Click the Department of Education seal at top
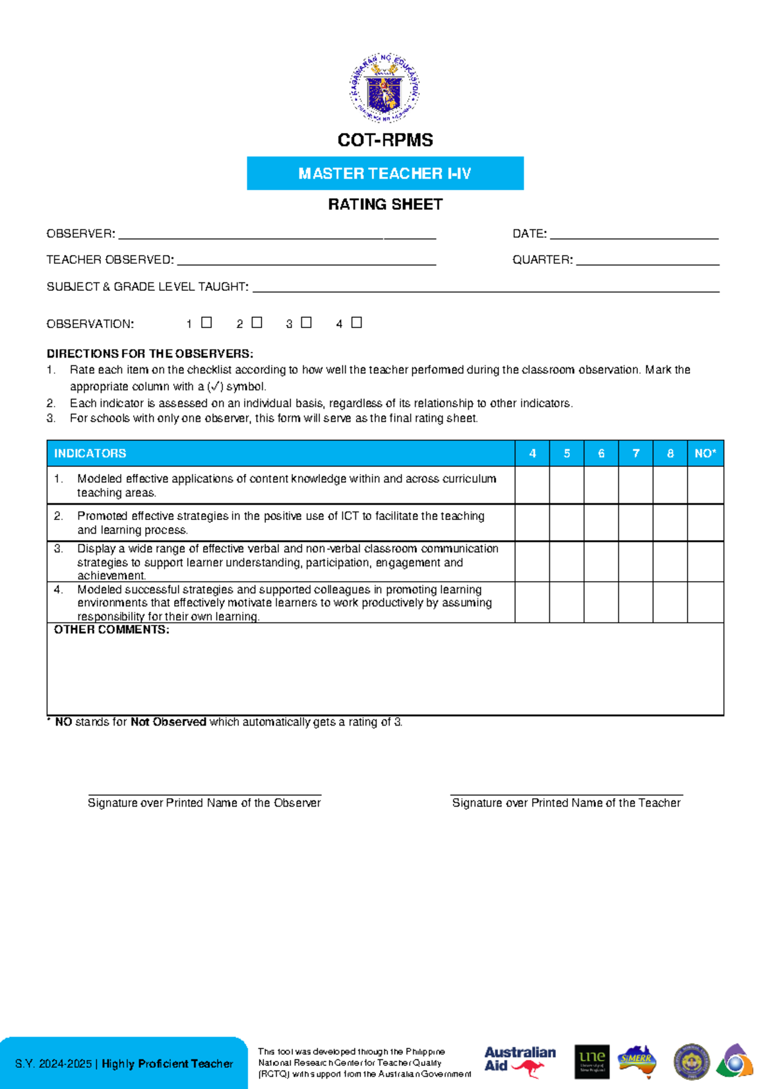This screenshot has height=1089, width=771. pos(385,88)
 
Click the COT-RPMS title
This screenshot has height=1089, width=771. pos(385,140)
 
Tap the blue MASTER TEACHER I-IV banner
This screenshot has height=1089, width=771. pos(385,173)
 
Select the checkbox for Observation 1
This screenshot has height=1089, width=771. pos(206,322)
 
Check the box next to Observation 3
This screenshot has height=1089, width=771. pos(306,322)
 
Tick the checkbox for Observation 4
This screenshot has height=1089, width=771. pos(357,322)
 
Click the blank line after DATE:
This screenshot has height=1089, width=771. pos(634,236)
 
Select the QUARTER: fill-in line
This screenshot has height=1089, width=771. pos(647,262)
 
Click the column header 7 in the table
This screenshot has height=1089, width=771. pos(635,453)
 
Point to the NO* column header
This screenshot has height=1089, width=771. pos(705,453)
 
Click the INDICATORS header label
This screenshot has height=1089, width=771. pos(90,453)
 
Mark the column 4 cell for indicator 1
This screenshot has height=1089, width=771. pos(532,485)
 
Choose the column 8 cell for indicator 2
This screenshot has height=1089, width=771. pos(669,523)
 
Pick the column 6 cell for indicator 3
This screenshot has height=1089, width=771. pos(601,562)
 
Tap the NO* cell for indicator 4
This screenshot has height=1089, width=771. pos(705,602)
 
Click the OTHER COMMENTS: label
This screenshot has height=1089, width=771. pos(111,630)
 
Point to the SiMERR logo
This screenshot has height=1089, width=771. pos(637,1061)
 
